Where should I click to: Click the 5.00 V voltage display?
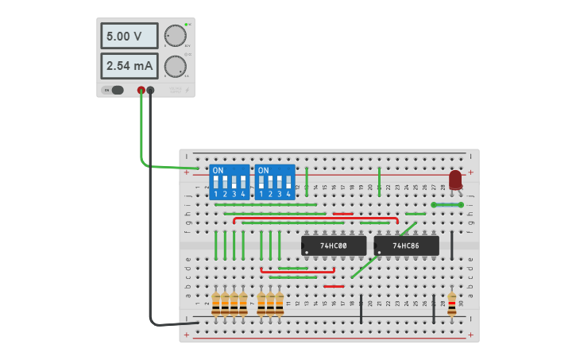(x=130, y=37)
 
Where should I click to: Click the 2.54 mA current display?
(x=130, y=65)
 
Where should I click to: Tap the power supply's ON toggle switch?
(x=117, y=90)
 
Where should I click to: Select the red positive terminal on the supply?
(x=141, y=91)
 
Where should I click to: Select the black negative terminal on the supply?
(x=150, y=91)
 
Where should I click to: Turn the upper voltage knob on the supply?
(x=175, y=37)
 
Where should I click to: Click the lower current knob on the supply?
(x=175, y=66)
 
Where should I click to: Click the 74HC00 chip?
(x=334, y=246)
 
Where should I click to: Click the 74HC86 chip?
(x=406, y=246)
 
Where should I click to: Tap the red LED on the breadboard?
(x=455, y=180)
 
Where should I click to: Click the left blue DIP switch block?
(x=229, y=182)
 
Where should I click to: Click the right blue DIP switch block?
(x=274, y=182)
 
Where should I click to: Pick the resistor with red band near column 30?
(x=452, y=304)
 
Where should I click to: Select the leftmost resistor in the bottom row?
(x=215, y=304)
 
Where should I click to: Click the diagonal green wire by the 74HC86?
(x=383, y=250)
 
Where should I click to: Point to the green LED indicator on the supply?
(x=186, y=25)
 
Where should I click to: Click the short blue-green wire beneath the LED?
(x=446, y=204)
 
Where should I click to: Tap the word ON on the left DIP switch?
(x=218, y=171)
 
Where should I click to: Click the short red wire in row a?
(x=334, y=286)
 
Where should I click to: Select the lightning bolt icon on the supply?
(x=187, y=91)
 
